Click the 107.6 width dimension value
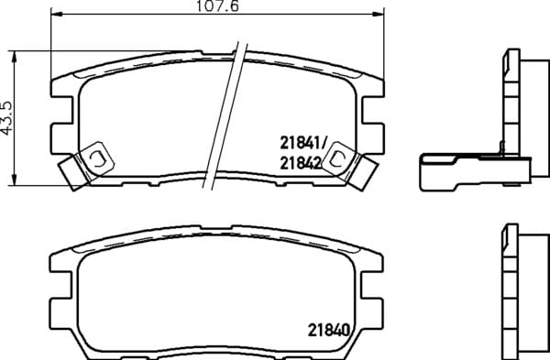[217, 6]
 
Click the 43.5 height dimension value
[6, 118]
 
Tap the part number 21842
[301, 163]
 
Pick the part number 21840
[329, 330]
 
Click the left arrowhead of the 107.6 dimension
[57, 14]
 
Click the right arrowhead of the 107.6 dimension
[379, 14]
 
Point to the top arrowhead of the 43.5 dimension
[14, 56]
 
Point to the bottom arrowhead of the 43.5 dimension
[14, 180]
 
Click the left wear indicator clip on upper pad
[87, 164]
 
